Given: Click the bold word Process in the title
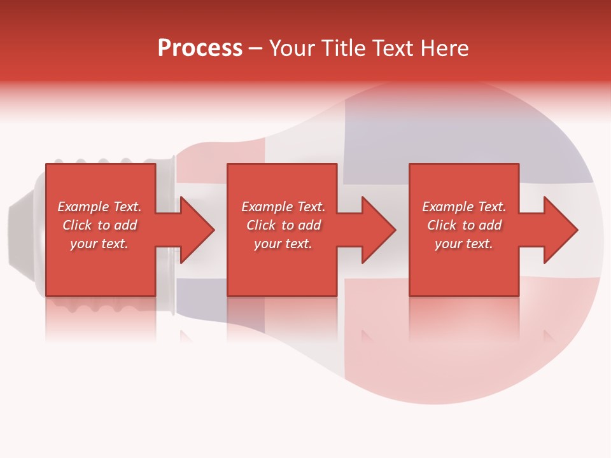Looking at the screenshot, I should click(x=200, y=48).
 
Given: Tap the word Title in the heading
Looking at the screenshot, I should click(x=344, y=48).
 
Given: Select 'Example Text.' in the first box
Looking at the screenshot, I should click(x=99, y=207).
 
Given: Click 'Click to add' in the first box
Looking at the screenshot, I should click(x=99, y=225).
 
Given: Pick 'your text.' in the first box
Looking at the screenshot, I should click(x=99, y=244).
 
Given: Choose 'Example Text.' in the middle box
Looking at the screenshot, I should click(x=283, y=207).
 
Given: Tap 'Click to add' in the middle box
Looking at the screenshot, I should click(x=283, y=225).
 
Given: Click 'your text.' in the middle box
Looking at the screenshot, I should click(x=283, y=244).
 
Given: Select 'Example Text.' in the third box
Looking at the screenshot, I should click(x=464, y=207).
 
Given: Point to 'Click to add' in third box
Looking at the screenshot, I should click(x=464, y=225).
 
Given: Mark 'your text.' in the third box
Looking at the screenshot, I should click(x=464, y=244).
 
